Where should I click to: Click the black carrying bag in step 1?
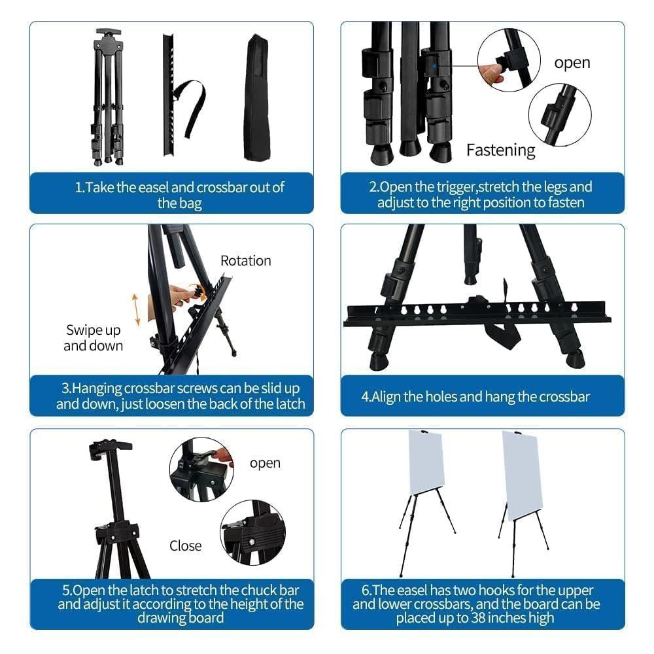[256, 98]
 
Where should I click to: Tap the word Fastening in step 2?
[500, 150]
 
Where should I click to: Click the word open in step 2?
[572, 63]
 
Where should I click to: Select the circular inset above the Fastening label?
[559, 115]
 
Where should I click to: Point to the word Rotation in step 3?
[245, 260]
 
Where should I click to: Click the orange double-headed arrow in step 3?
[136, 309]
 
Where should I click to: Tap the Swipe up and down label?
[93, 337]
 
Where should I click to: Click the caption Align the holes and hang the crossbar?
[475, 396]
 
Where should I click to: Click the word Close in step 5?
[185, 545]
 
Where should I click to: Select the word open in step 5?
[265, 463]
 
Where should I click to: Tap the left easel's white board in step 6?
[426, 462]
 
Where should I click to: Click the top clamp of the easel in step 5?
[109, 449]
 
